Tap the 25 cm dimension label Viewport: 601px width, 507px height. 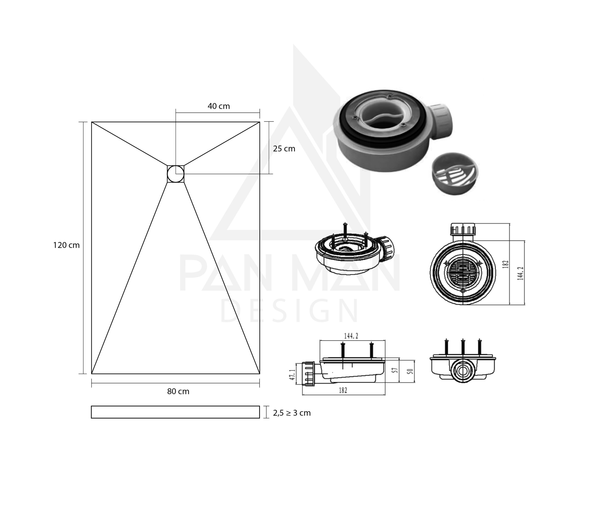pos(284,149)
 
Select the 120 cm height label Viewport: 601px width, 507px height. pos(66,245)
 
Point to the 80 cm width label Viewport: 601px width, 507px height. pos(178,391)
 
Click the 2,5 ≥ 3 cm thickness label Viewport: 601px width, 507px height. pos(292,413)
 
